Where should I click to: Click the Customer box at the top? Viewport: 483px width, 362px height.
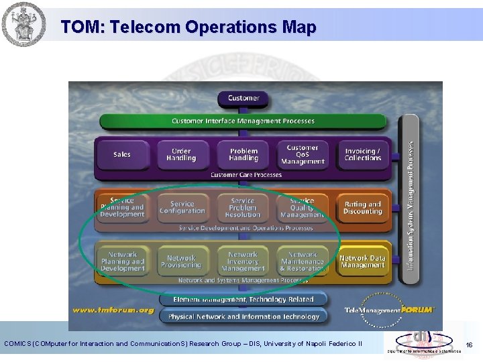pyautogui.click(x=243, y=99)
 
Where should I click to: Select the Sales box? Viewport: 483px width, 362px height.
pyautogui.click(x=122, y=155)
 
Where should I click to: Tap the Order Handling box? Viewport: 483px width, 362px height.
pyautogui.click(x=181, y=155)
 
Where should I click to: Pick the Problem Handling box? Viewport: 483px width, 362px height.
pyautogui.click(x=243, y=155)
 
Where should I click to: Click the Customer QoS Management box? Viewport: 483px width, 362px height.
pyautogui.click(x=303, y=155)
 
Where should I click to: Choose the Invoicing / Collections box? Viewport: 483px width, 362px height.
pyautogui.click(x=362, y=155)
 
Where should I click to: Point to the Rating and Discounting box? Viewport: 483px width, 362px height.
pyautogui.click(x=362, y=208)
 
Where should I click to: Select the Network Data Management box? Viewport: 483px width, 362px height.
pyautogui.click(x=362, y=261)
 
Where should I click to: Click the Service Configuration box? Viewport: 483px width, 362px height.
pyautogui.click(x=182, y=208)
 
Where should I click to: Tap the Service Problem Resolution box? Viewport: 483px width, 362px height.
pyautogui.click(x=243, y=208)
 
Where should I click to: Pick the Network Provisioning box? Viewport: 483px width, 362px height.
pyautogui.click(x=181, y=261)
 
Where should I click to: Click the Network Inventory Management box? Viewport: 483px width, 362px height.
pyautogui.click(x=243, y=261)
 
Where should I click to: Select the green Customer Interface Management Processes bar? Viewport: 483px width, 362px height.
pyautogui.click(x=243, y=121)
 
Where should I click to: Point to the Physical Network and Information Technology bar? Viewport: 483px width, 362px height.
pyautogui.click(x=243, y=316)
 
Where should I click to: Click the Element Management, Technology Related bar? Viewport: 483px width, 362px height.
pyautogui.click(x=243, y=300)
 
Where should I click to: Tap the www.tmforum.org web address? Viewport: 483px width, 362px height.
pyautogui.click(x=113, y=310)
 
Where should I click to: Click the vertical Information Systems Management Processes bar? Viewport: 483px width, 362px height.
pyautogui.click(x=409, y=201)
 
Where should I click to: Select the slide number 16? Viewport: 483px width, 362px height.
pyautogui.click(x=469, y=345)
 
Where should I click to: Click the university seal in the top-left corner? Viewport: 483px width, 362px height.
pyautogui.click(x=23, y=23)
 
